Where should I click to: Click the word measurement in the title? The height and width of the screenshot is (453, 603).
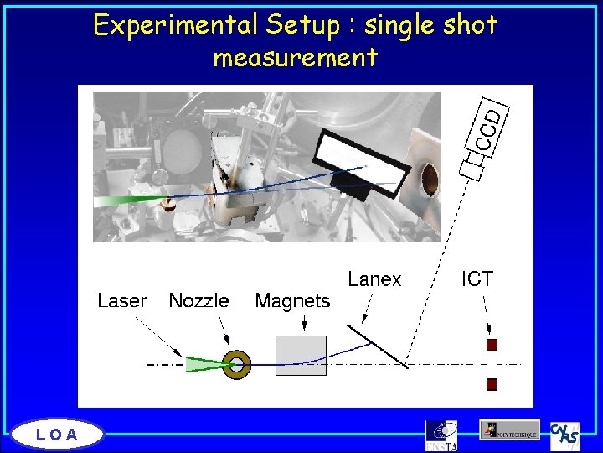[295, 58]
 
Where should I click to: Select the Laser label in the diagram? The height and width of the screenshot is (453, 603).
[122, 300]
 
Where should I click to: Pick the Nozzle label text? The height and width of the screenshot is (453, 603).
[198, 300]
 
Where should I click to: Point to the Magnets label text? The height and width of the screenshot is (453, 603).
[292, 300]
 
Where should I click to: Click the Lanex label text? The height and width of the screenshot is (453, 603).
[374, 279]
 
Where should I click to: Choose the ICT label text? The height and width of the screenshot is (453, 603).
[477, 279]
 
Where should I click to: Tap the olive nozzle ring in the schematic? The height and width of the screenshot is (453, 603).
[238, 364]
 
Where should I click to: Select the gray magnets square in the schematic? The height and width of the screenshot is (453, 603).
[301, 356]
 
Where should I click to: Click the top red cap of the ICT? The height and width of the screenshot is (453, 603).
[492, 345]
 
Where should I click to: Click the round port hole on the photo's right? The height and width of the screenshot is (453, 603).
[427, 178]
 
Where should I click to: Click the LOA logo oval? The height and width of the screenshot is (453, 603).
[57, 434]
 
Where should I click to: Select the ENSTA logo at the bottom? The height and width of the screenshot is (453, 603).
[441, 434]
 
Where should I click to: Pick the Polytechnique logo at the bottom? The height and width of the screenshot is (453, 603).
[509, 430]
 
